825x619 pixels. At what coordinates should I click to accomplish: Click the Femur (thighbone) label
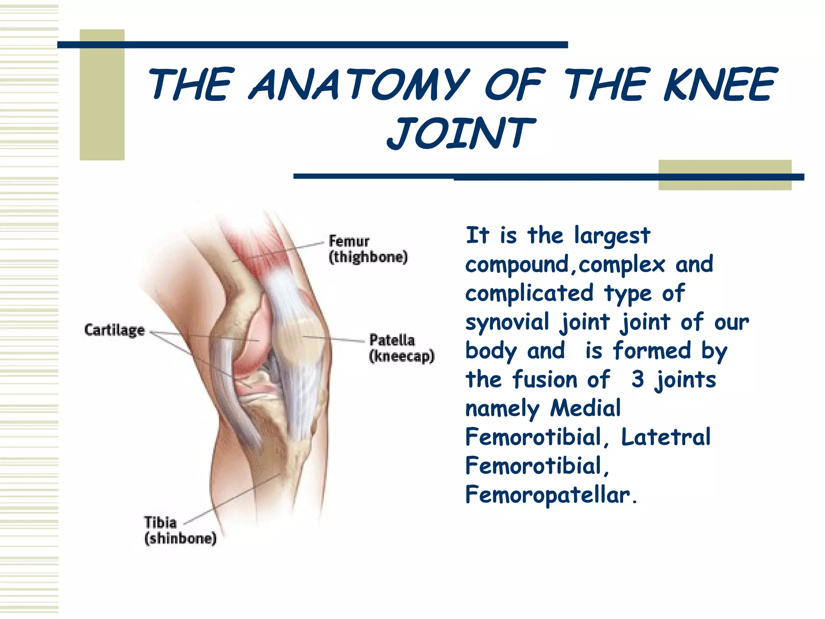pyautogui.click(x=368, y=249)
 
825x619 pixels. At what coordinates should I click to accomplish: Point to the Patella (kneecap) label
pyautogui.click(x=402, y=348)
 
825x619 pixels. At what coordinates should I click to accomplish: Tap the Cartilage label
pyautogui.click(x=114, y=330)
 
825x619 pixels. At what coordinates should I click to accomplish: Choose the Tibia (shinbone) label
pyautogui.click(x=180, y=530)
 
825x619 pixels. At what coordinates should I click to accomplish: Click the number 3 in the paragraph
pyautogui.click(x=637, y=379)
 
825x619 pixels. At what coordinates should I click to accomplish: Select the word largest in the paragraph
pyautogui.click(x=612, y=236)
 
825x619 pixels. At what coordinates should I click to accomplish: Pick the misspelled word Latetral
pyautogui.click(x=666, y=437)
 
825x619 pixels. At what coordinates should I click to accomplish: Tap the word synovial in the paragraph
pyautogui.click(x=507, y=322)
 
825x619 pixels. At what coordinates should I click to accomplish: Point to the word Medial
pyautogui.click(x=585, y=408)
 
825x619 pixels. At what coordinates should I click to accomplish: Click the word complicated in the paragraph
pyautogui.click(x=529, y=293)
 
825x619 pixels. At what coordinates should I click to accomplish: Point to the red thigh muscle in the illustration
pyautogui.click(x=258, y=250)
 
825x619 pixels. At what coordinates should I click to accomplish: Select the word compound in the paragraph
pyautogui.click(x=517, y=265)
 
